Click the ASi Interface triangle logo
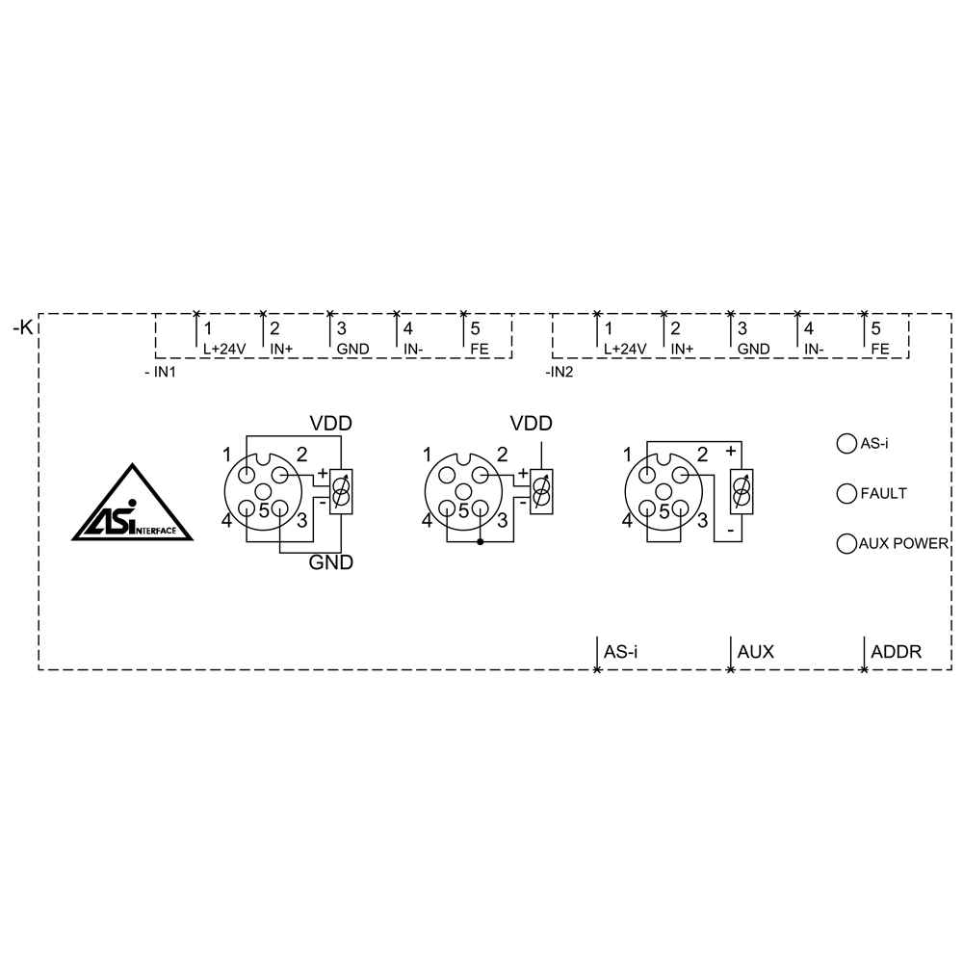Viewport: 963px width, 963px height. (x=132, y=504)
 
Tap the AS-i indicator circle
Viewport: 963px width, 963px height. (x=846, y=443)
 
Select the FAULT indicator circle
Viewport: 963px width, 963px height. (x=846, y=493)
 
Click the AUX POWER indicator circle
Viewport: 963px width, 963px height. (x=846, y=543)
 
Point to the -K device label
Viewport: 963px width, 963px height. (x=23, y=327)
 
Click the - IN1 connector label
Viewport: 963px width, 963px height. (x=160, y=372)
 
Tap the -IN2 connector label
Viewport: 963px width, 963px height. (x=559, y=372)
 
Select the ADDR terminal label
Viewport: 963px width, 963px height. (x=896, y=652)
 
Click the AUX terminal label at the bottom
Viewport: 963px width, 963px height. (x=755, y=652)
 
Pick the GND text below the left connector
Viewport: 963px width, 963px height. (x=331, y=562)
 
